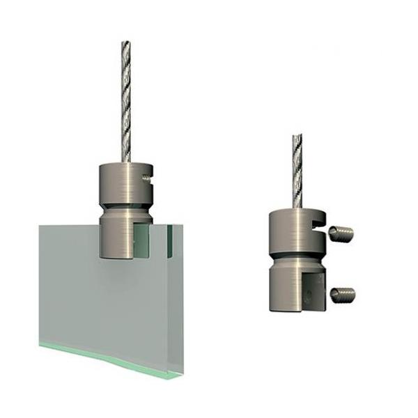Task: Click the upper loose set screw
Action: (x=341, y=233)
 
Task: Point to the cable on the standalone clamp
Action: (x=297, y=171)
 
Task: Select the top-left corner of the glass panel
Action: (x=40, y=224)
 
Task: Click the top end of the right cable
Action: (x=297, y=136)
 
